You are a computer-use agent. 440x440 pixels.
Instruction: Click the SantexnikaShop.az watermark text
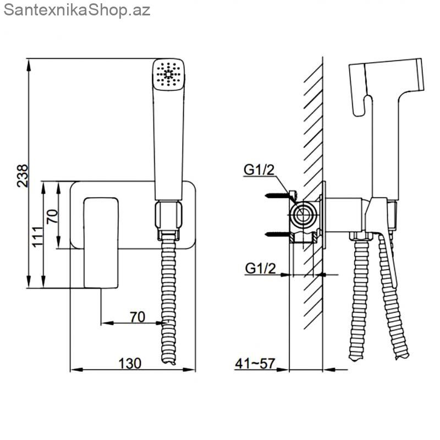[77, 10]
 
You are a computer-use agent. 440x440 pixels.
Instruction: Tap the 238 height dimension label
[23, 176]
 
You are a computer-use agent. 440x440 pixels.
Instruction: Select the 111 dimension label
[37, 237]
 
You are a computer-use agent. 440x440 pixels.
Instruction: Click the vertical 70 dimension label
[52, 216]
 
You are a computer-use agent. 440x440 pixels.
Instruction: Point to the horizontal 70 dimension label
[137, 317]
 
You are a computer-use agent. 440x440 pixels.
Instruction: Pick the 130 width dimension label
[130, 364]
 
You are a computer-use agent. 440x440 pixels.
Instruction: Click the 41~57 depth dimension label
[255, 364]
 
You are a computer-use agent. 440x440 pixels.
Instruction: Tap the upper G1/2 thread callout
[259, 170]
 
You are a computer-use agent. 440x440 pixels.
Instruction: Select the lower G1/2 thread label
[260, 268]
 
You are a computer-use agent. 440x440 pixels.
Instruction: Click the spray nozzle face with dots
[169, 74]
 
